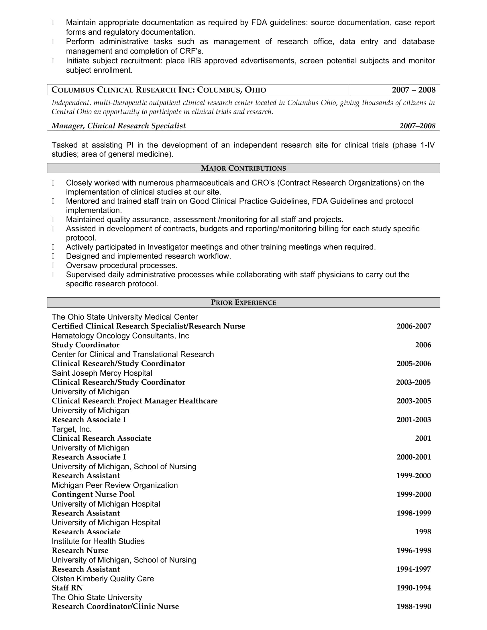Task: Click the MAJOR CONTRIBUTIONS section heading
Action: (243, 168)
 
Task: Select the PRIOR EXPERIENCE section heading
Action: (243, 302)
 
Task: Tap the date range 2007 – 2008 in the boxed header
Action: (413, 90)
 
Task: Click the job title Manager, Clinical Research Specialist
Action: (119, 126)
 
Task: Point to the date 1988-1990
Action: (413, 606)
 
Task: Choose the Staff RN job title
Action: (67, 588)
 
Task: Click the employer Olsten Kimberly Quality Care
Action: (103, 578)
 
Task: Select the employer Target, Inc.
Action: (72, 429)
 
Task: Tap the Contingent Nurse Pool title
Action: (93, 494)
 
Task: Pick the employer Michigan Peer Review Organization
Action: (115, 485)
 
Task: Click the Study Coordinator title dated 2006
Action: (85, 345)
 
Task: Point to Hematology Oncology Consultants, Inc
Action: (120, 336)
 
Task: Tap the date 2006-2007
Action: (413, 326)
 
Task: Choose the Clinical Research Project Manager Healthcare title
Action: (134, 401)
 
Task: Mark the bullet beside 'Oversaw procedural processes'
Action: (53, 265)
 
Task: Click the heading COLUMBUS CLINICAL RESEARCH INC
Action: (159, 90)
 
